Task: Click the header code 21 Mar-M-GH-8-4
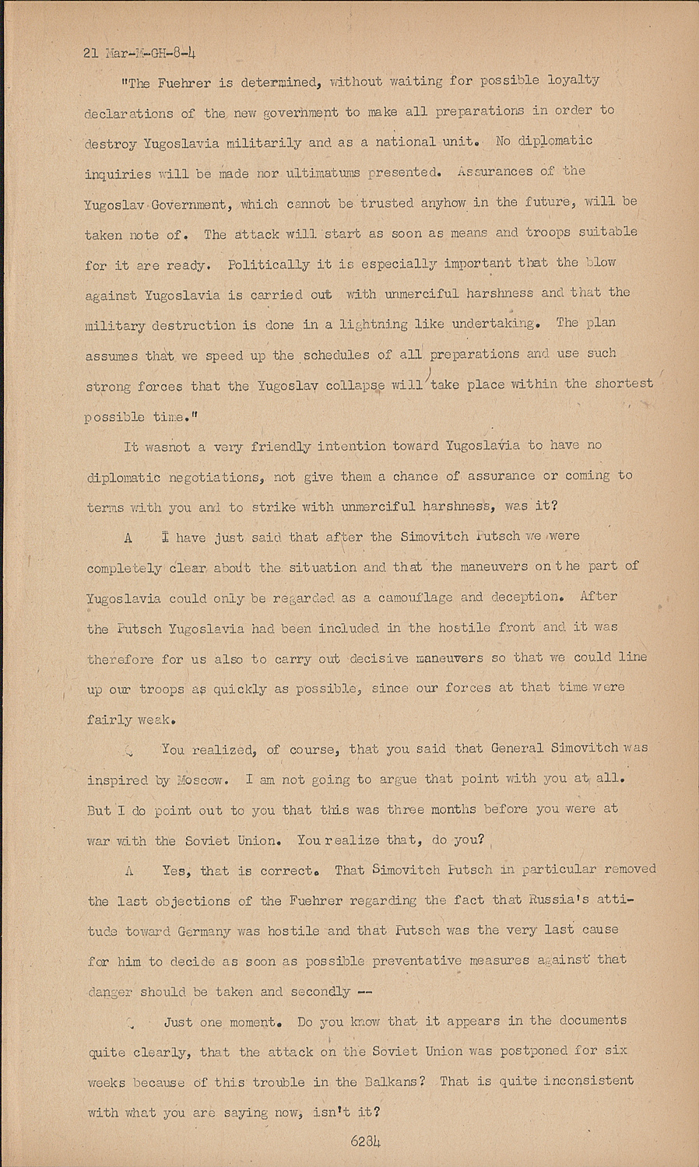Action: (x=139, y=54)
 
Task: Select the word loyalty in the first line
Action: (x=574, y=80)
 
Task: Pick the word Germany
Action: (x=205, y=930)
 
